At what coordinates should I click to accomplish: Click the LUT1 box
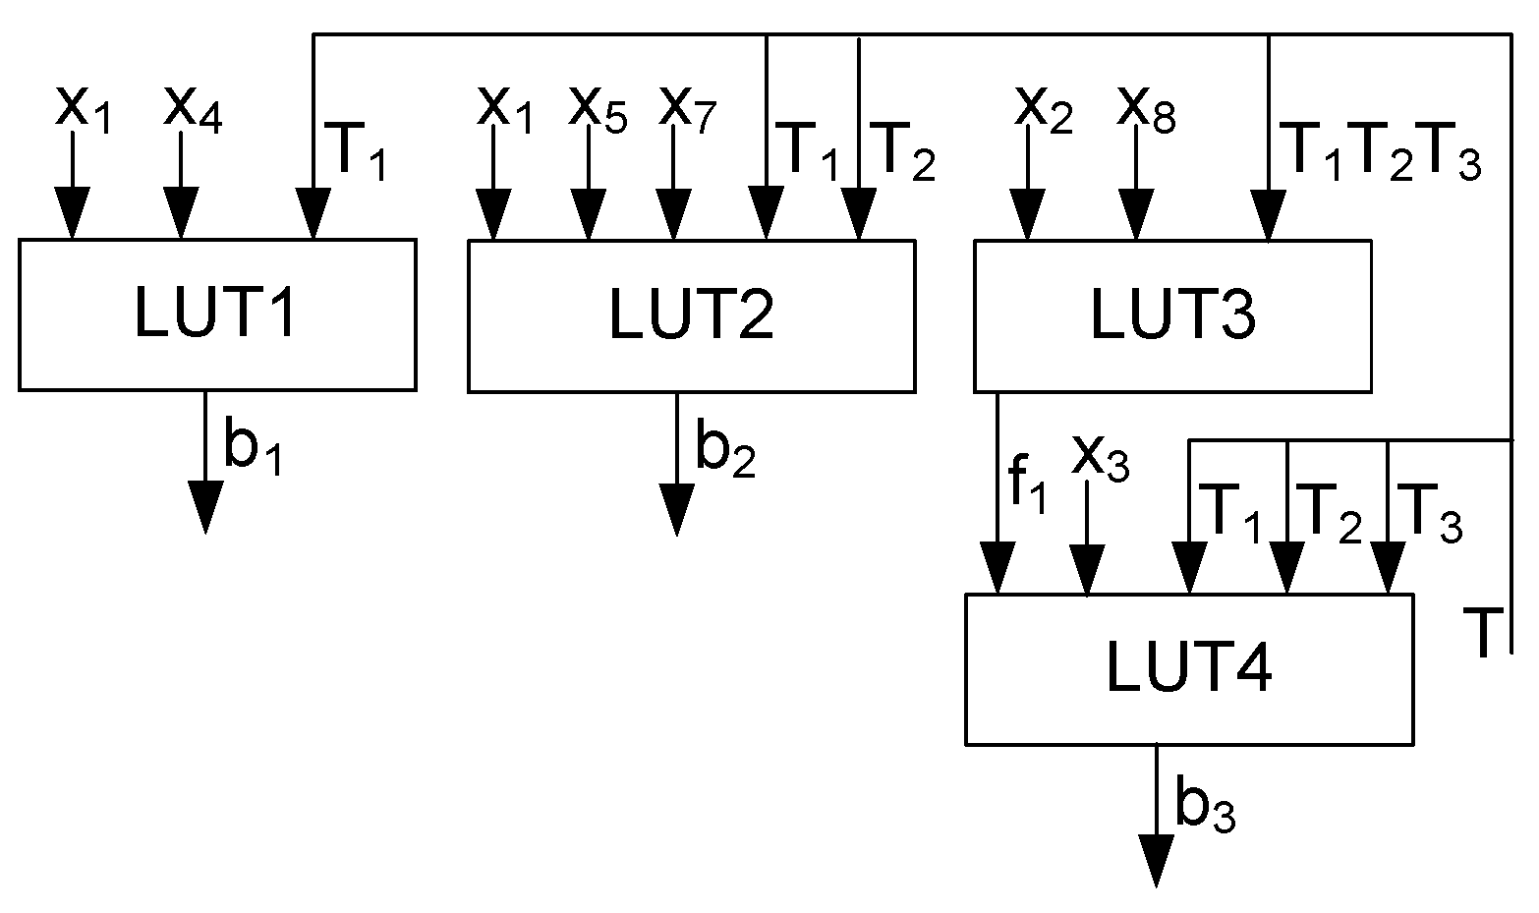pyautogui.click(x=216, y=314)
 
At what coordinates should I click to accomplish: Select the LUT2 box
pyautogui.click(x=691, y=314)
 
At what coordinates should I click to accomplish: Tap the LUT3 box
pyautogui.click(x=1171, y=314)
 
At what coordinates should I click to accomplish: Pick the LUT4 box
pyautogui.click(x=1188, y=669)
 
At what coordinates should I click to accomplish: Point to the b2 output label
pyautogui.click(x=725, y=449)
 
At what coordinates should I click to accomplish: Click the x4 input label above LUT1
pyautogui.click(x=193, y=108)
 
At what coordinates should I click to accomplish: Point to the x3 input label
pyautogui.click(x=1100, y=457)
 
